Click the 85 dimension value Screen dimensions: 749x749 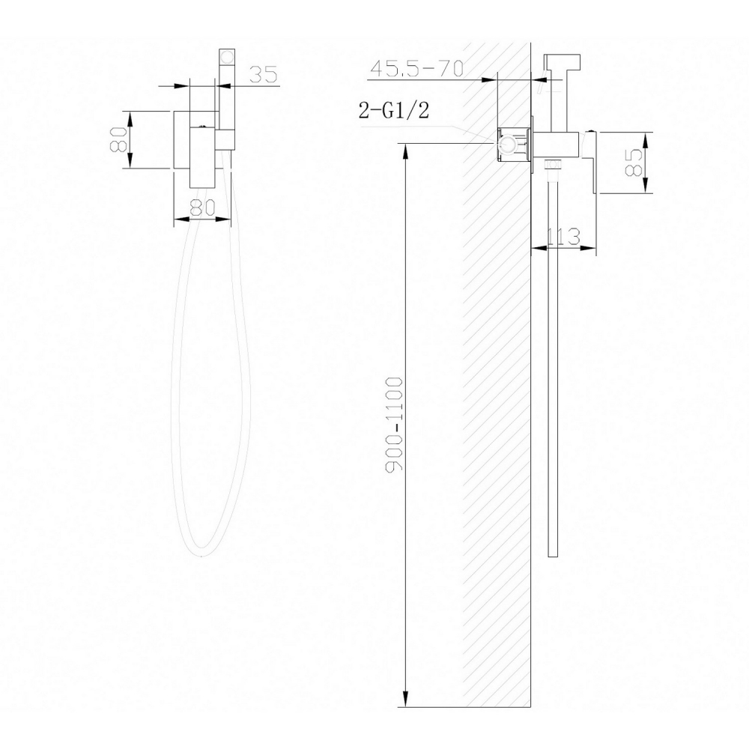tap(634, 163)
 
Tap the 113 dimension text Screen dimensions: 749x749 tap(563, 237)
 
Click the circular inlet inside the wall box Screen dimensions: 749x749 tap(510, 145)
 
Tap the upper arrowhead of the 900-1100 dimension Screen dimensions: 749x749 tap(405, 151)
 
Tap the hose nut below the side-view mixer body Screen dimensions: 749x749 tap(554, 166)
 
